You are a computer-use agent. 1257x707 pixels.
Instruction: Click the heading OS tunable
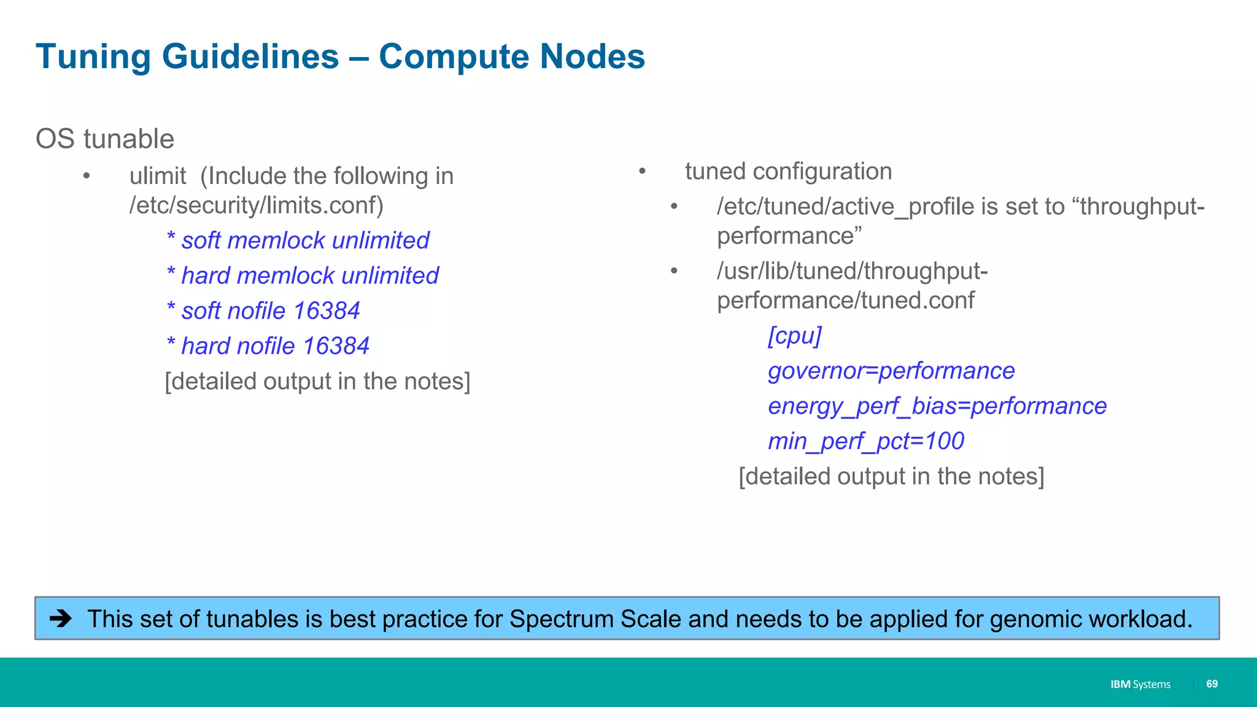click(105, 139)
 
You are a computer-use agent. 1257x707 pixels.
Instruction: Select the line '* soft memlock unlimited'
click(298, 240)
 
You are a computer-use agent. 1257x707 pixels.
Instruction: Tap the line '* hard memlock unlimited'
click(303, 276)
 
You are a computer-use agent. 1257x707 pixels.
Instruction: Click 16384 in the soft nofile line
click(326, 311)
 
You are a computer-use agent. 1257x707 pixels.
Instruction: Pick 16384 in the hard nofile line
click(336, 346)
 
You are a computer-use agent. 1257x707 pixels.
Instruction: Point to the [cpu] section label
click(794, 336)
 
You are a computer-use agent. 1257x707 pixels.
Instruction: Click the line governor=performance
click(891, 371)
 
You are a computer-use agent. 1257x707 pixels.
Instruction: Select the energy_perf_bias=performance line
click(937, 406)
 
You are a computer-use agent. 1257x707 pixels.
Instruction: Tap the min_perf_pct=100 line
click(865, 441)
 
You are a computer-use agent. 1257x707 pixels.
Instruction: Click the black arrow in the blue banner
click(61, 618)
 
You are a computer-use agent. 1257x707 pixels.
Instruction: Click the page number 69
click(1212, 684)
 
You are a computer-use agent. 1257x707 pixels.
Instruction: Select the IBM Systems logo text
click(1140, 684)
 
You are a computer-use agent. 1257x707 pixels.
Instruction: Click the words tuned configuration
click(788, 171)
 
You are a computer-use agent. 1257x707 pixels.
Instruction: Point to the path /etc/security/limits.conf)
click(256, 205)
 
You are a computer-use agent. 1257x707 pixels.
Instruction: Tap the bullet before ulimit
click(87, 177)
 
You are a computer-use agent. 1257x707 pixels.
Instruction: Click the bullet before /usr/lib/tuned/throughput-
click(674, 271)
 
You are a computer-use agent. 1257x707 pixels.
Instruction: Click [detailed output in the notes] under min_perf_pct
click(891, 476)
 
